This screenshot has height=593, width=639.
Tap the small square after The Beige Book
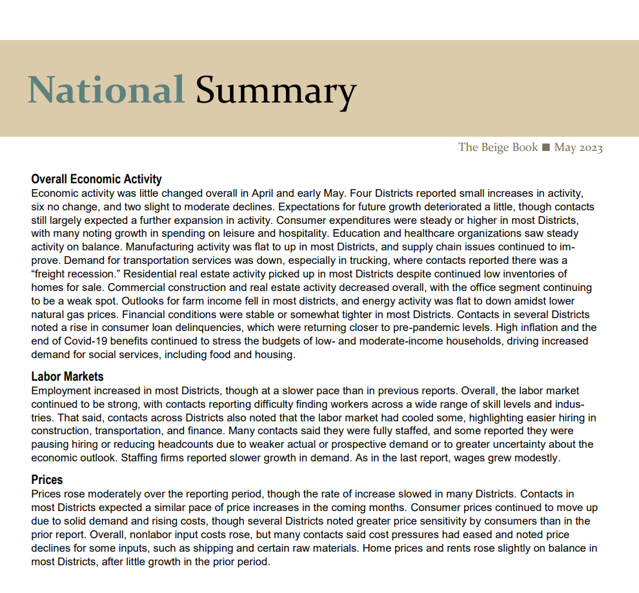click(x=546, y=148)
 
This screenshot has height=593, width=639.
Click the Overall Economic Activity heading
click(x=96, y=179)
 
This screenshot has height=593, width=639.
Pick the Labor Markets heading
click(x=67, y=376)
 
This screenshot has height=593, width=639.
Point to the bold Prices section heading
click(x=47, y=480)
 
